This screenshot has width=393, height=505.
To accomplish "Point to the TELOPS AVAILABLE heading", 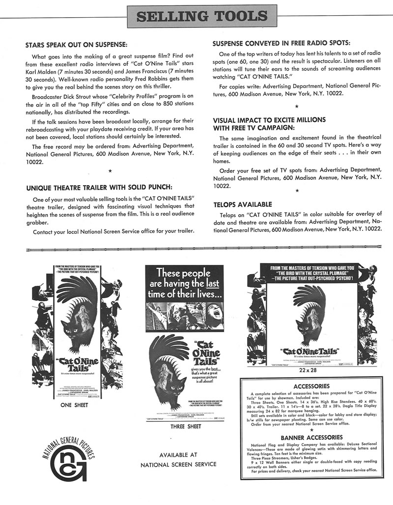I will (243, 204).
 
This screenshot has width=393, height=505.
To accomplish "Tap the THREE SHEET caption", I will (185, 427).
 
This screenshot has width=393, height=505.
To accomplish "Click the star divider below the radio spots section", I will (296, 106).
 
